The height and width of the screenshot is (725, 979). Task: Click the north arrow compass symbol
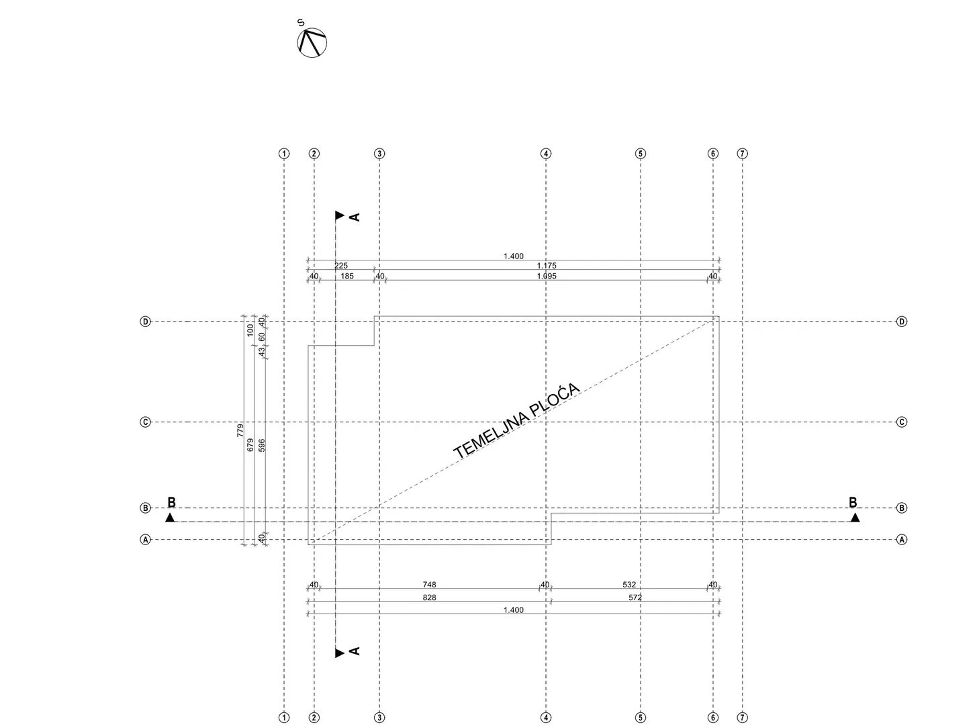tap(312, 43)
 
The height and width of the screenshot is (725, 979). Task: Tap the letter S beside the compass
tap(301, 23)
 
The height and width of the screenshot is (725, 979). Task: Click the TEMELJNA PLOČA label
tap(516, 420)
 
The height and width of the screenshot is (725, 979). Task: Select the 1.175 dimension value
tap(546, 266)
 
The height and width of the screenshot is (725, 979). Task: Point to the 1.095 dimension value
tap(546, 276)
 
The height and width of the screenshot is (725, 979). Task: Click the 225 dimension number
tap(340, 266)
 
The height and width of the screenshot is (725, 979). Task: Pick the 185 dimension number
tap(347, 276)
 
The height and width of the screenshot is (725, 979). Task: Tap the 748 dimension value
tap(429, 584)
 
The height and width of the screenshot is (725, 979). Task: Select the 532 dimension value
tap(629, 584)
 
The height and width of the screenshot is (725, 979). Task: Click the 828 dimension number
tap(429, 597)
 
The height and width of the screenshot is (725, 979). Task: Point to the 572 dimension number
tap(635, 597)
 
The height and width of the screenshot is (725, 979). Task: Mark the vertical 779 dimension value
tap(240, 430)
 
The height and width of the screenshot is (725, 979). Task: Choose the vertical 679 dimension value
tap(250, 445)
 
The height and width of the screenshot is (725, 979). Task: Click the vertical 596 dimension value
tap(261, 445)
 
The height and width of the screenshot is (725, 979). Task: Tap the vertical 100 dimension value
tap(250, 330)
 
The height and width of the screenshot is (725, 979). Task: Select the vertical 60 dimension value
tap(261, 337)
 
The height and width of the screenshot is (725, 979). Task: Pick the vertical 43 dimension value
tap(261, 352)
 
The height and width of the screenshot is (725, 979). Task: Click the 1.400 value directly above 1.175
tap(513, 256)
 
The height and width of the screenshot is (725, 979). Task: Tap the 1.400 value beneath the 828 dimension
tap(513, 610)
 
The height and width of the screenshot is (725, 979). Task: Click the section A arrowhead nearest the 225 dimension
tap(340, 215)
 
